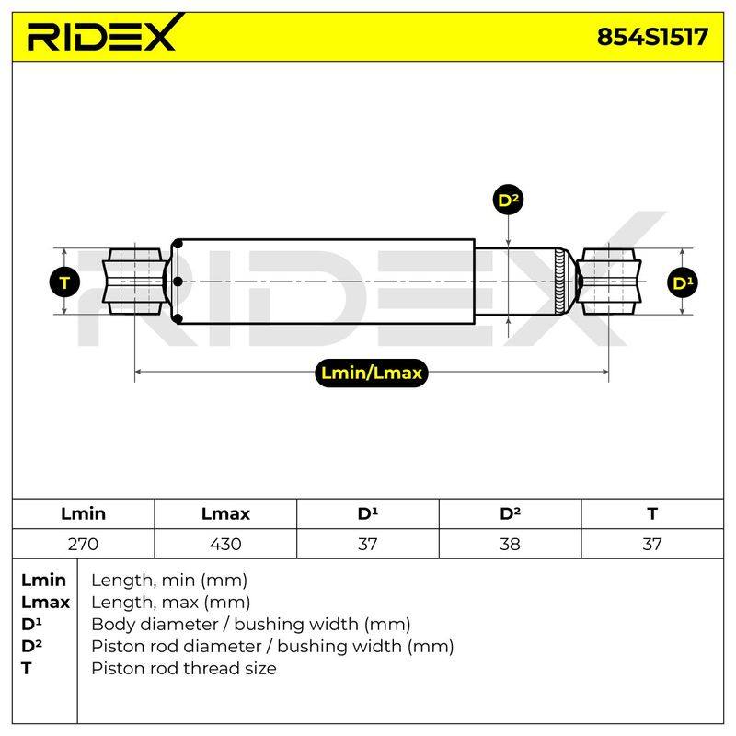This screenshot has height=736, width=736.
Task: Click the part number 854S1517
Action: tap(652, 37)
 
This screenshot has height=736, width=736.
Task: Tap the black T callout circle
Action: tap(64, 282)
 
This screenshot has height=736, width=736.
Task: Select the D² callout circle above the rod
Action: tap(509, 200)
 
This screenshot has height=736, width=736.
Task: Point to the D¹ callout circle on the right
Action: tap(682, 282)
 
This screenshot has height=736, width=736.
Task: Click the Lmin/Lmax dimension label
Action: tap(372, 373)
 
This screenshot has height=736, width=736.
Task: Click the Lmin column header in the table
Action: tap(83, 513)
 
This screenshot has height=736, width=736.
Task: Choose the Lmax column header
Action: tap(225, 513)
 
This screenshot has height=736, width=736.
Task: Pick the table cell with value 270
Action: tap(83, 544)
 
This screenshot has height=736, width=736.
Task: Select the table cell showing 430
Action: tap(225, 544)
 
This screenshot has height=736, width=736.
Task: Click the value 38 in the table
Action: tap(510, 544)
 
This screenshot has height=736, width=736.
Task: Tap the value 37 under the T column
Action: tap(652, 544)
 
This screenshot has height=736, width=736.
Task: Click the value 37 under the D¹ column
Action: tap(367, 544)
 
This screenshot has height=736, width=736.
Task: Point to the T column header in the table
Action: tap(652, 513)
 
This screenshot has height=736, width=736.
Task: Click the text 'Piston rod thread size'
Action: tap(183, 669)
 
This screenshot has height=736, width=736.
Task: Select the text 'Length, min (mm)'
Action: tap(169, 581)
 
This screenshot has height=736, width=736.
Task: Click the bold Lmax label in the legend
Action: tap(45, 603)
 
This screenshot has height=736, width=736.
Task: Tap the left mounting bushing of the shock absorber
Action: tap(135, 282)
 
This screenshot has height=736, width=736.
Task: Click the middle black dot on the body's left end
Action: tap(178, 282)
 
